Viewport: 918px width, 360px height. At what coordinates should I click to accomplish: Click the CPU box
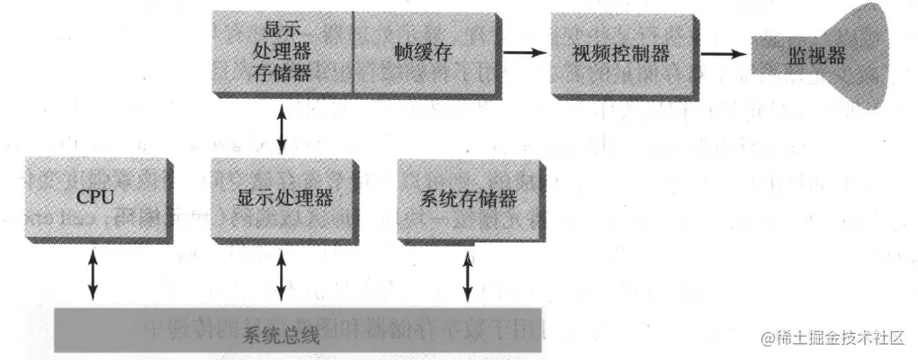(94, 195)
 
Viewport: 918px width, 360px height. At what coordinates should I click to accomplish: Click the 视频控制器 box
(621, 54)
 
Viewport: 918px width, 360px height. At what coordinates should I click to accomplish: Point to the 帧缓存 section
(423, 54)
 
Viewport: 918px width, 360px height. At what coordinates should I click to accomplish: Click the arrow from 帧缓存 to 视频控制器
(526, 53)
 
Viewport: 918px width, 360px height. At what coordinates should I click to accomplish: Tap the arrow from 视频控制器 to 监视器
(724, 54)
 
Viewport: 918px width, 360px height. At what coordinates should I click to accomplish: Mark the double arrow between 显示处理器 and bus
(282, 276)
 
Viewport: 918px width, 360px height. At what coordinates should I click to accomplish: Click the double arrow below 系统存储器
(467, 276)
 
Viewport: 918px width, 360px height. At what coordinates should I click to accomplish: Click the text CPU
(94, 195)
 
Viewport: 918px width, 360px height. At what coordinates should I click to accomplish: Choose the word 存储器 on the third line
(283, 73)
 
